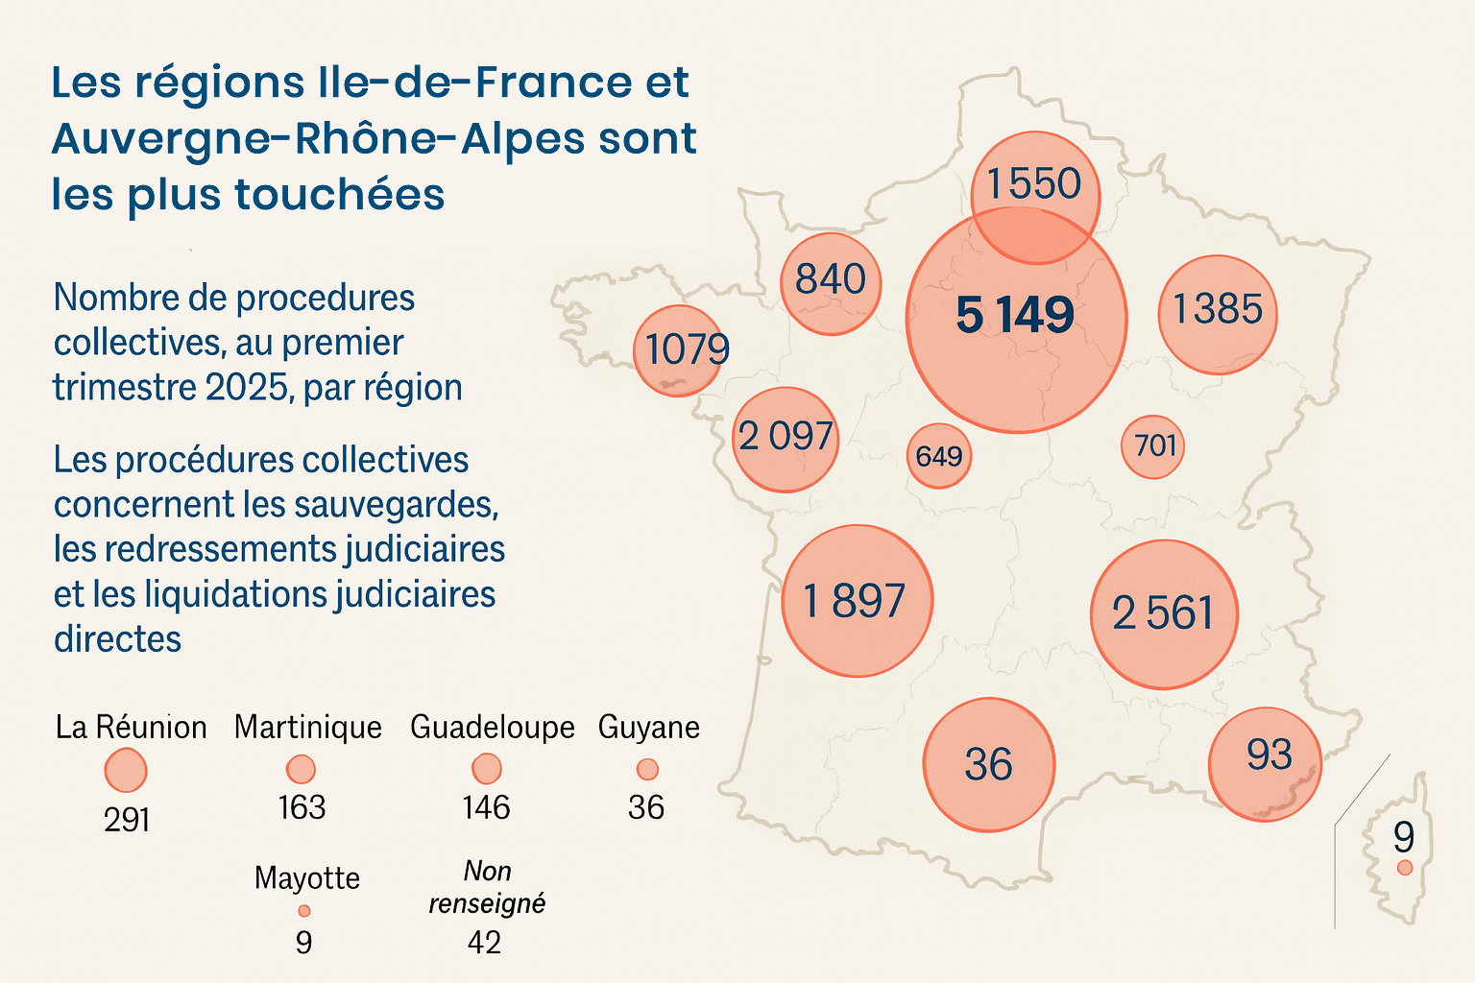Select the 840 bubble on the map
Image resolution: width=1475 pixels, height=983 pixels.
[x=831, y=283]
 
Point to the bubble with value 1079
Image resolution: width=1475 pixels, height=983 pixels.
[x=678, y=350]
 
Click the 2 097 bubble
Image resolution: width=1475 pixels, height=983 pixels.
[x=786, y=439]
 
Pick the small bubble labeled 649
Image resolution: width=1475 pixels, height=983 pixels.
[x=939, y=455]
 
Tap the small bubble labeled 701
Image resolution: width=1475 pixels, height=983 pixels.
[x=1152, y=446]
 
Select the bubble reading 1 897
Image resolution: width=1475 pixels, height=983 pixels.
[x=857, y=601]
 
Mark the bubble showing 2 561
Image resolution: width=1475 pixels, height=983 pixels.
[x=1164, y=614]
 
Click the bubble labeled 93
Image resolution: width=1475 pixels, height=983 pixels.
[x=1265, y=764]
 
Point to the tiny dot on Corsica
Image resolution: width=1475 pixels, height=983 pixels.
[x=1405, y=868]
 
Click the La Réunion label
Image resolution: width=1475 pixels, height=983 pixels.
[x=132, y=728]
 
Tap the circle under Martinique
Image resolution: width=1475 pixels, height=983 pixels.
[x=301, y=769]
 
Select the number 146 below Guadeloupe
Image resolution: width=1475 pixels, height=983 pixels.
[x=486, y=808]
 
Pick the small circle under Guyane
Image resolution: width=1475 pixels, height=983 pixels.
[x=647, y=769]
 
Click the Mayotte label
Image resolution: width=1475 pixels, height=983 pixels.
[x=307, y=878]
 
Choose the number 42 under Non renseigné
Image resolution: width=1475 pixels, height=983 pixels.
[x=484, y=943]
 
